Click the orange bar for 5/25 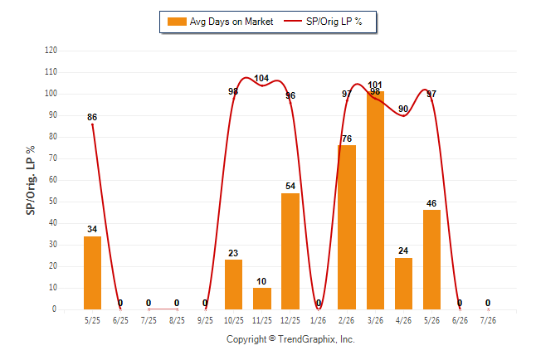pos(92,273)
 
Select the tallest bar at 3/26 pos(375,201)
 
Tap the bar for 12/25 pos(290,251)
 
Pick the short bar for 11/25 pos(262,299)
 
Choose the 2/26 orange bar pos(347,227)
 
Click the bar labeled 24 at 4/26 pos(403,284)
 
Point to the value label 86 pos(92,117)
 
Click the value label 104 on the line pos(261,78)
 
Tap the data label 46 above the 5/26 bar pos(431,203)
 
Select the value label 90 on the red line pos(403,109)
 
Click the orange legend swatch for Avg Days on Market pos(177,22)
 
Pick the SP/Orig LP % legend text pos(334,22)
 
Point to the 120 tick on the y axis pos(51,51)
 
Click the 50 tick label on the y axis pos(52,202)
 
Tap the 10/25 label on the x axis pos(234,320)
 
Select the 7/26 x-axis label pos(488,320)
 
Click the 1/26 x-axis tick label pos(319,320)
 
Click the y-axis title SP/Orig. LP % pos(31,180)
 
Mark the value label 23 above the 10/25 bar pos(233,253)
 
